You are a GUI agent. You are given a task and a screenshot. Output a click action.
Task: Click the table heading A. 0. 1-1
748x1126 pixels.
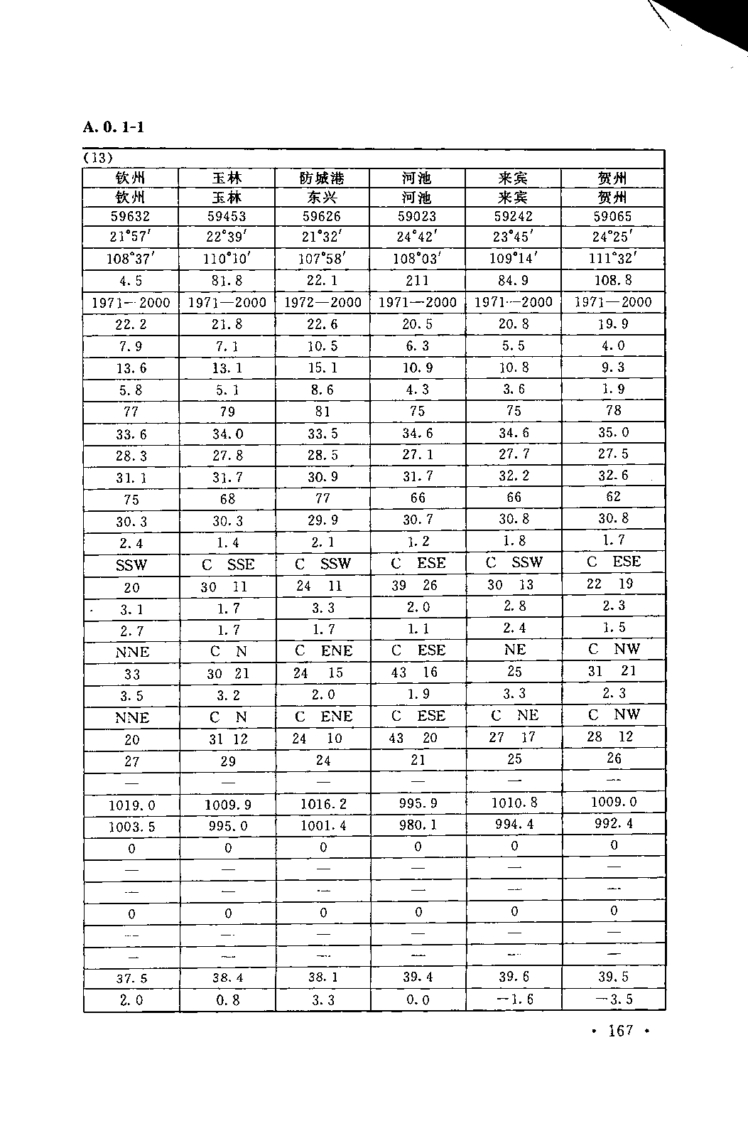click(114, 127)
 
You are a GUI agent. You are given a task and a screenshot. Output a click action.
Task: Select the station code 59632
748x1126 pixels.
click(131, 217)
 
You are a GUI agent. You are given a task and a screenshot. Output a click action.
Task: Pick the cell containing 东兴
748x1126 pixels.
click(322, 197)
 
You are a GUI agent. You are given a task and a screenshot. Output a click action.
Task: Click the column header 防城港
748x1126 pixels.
click(322, 178)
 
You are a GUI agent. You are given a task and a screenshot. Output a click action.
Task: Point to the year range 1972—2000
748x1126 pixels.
click(322, 302)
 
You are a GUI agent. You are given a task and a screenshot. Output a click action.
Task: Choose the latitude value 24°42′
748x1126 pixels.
click(417, 237)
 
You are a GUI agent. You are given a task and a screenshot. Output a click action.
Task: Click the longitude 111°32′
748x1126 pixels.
click(613, 258)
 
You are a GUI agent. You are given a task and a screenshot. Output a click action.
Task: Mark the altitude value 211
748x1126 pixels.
click(417, 280)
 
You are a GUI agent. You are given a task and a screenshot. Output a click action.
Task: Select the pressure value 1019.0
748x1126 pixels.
click(131, 805)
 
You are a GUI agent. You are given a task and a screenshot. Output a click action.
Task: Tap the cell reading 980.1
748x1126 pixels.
click(418, 825)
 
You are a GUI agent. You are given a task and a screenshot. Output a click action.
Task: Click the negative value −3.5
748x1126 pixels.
click(613, 999)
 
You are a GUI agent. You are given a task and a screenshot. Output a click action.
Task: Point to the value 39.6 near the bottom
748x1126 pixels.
click(514, 977)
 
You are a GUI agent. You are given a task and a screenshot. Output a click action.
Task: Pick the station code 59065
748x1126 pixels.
click(613, 216)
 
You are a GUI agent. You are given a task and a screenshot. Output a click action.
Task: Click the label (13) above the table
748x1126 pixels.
click(98, 157)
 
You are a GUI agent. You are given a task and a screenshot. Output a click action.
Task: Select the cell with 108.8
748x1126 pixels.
click(613, 279)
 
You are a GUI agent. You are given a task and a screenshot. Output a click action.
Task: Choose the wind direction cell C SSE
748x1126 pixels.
click(227, 564)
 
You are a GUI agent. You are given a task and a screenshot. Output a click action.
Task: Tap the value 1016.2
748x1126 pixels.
click(322, 804)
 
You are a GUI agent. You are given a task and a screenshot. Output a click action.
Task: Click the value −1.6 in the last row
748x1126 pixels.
click(514, 999)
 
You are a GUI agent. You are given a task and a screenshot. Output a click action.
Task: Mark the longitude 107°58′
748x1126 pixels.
click(322, 259)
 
